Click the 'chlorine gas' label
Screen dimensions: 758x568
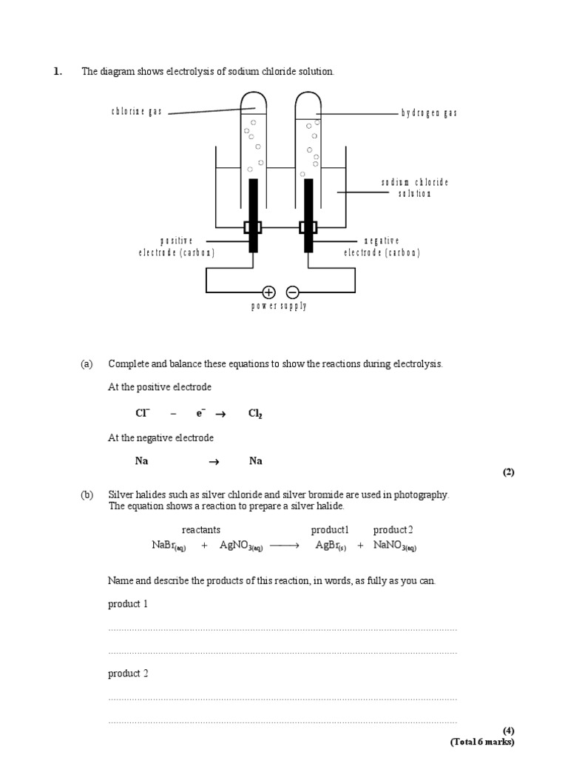click(137, 112)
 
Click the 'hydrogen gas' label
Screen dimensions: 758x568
click(430, 113)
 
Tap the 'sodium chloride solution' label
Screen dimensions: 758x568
click(415, 188)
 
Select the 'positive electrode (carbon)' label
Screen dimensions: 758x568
click(177, 246)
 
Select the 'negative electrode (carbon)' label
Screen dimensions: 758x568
click(382, 246)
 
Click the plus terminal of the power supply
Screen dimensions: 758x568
click(268, 292)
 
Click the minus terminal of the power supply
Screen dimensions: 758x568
click(292, 292)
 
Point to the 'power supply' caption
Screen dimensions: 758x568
click(278, 306)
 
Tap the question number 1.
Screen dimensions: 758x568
click(57, 72)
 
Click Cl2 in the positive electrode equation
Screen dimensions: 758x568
click(255, 414)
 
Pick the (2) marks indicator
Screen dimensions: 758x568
click(508, 472)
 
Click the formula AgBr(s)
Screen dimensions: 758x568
click(331, 546)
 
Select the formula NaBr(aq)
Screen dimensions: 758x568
click(169, 546)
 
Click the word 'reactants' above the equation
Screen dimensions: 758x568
click(201, 530)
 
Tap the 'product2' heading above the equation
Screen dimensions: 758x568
click(393, 530)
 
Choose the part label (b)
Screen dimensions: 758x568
click(87, 494)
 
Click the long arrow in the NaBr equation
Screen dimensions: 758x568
click(285, 546)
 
